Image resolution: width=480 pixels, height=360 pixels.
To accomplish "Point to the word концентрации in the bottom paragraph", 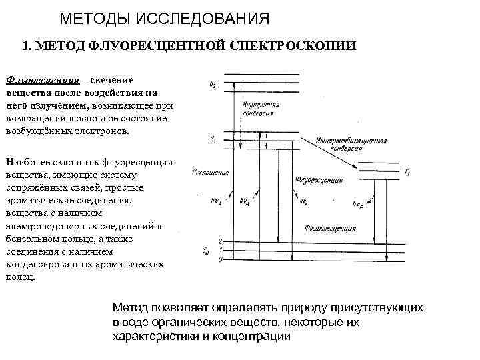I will coord(249,336).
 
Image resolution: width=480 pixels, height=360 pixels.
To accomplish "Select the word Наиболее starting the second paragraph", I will coord(26,162).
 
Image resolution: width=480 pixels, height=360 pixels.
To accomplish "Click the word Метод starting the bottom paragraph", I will coord(130,309).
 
